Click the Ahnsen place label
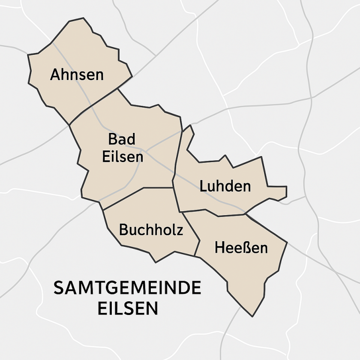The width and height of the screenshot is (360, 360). (x=77, y=75)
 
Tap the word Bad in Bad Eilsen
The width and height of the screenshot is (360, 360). (x=121, y=139)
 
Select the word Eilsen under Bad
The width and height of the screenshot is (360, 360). (x=123, y=156)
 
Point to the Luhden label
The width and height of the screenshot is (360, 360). (x=225, y=186)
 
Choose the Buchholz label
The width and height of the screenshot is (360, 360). (x=151, y=230)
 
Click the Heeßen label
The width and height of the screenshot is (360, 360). (x=241, y=248)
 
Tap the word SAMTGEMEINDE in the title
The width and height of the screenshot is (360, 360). (x=127, y=288)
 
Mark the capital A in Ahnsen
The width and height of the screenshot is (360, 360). (x=55, y=75)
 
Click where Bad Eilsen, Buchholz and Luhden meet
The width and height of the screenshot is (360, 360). (x=173, y=188)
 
